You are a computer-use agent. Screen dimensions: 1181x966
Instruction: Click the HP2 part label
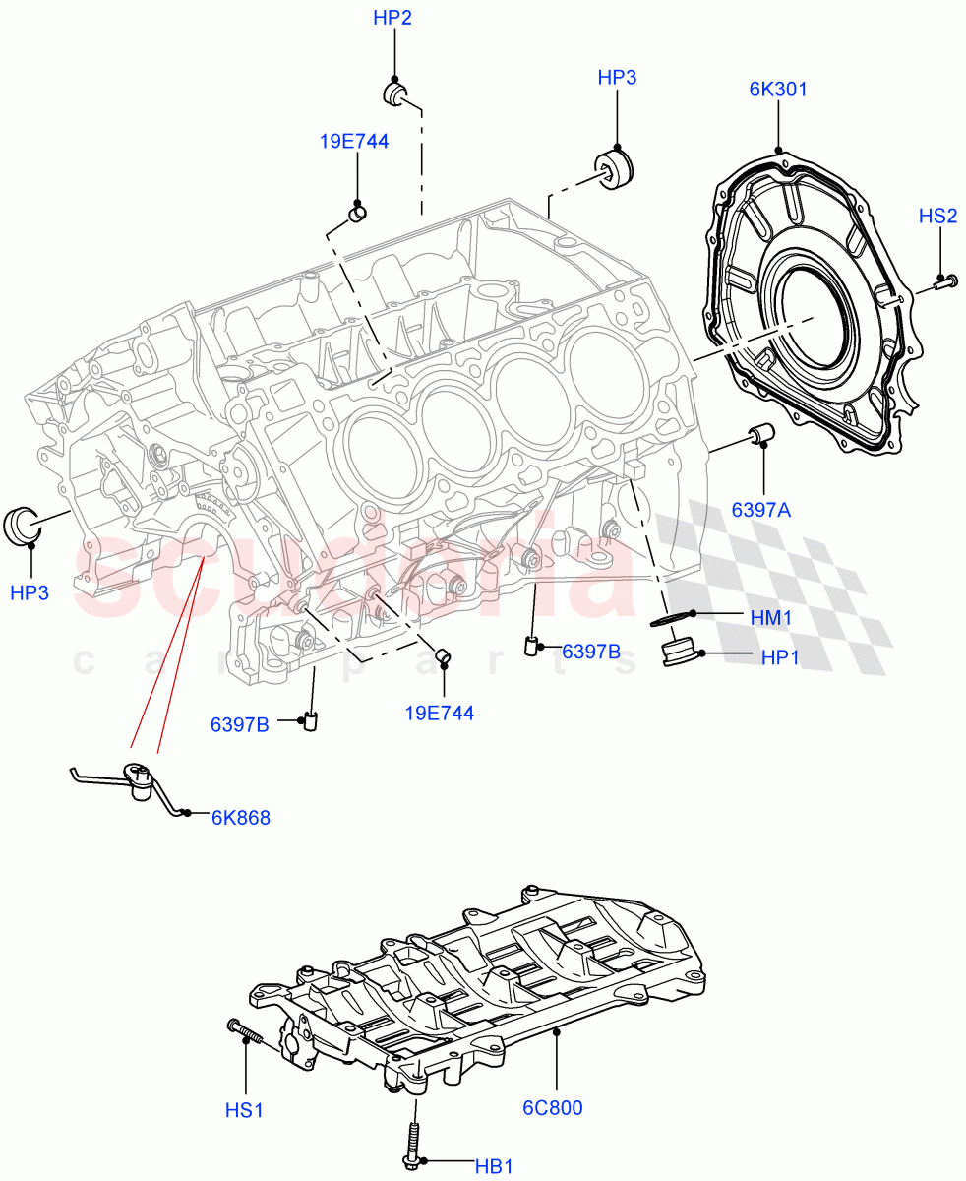pyautogui.click(x=392, y=18)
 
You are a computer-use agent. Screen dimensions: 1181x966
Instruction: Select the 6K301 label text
pyautogui.click(x=777, y=90)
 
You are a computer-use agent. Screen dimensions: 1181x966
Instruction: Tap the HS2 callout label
pyautogui.click(x=937, y=217)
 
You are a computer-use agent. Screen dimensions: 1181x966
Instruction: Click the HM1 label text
pyautogui.click(x=771, y=617)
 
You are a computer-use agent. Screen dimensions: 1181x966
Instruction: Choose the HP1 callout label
pyautogui.click(x=780, y=657)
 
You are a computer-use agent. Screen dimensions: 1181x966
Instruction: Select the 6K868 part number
pyautogui.click(x=240, y=817)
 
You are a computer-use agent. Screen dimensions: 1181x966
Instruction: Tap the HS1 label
pyautogui.click(x=244, y=1110)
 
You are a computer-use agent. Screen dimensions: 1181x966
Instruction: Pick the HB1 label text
pyautogui.click(x=495, y=1166)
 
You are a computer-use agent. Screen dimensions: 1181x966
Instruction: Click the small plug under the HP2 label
pyautogui.click(x=395, y=93)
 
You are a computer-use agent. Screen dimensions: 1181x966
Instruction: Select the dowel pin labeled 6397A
pyautogui.click(x=762, y=435)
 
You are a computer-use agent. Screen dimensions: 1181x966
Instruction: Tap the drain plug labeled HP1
pyautogui.click(x=678, y=653)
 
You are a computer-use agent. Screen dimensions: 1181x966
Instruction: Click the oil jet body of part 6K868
pyautogui.click(x=140, y=777)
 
